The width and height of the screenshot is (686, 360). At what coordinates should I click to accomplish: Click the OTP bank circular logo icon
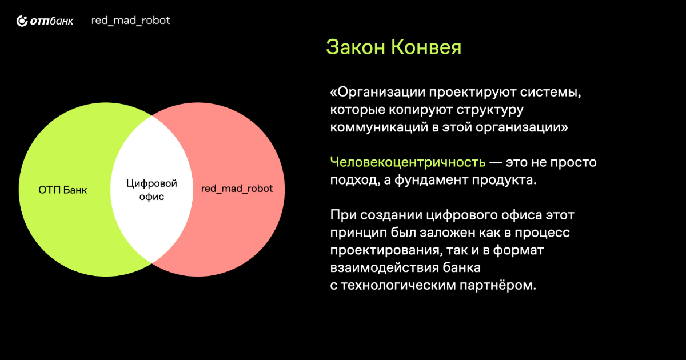coord(22,21)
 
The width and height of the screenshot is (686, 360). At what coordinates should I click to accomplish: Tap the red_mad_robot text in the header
coord(131,21)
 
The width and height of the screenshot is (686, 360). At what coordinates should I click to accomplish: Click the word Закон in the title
coord(356,47)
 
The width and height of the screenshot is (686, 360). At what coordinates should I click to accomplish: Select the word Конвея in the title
coord(426,47)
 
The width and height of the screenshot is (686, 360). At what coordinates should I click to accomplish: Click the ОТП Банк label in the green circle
coord(63,190)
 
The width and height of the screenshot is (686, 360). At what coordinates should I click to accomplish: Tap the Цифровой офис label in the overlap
coord(151,190)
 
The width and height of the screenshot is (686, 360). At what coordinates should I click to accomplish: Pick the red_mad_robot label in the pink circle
coord(237,189)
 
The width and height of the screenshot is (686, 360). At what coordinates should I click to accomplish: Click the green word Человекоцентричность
coord(408,162)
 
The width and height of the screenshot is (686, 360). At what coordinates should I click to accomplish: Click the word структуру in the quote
coord(490,110)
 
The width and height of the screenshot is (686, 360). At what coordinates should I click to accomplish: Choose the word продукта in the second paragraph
coord(504,181)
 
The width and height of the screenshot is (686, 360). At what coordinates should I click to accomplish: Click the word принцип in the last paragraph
coord(358,233)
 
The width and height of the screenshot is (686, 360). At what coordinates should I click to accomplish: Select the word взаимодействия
coord(384,268)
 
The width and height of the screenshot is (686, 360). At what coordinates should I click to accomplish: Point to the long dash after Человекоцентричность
coord(496,162)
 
